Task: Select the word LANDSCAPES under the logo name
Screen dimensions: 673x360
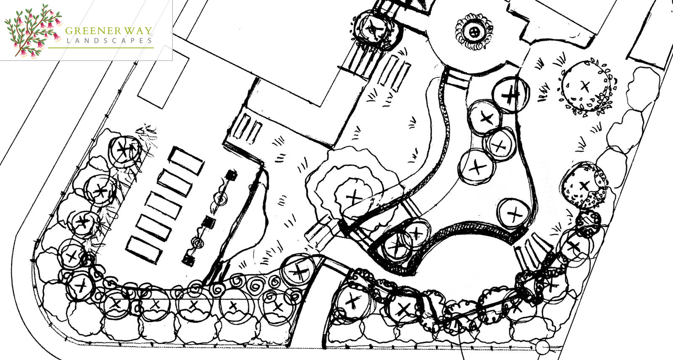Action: pyautogui.click(x=109, y=40)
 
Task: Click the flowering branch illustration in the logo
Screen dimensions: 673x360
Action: pyautogui.click(x=33, y=31)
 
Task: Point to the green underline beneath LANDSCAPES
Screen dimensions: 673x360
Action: pyautogui.click(x=101, y=48)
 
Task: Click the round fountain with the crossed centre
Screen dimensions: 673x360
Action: pyautogui.click(x=474, y=31)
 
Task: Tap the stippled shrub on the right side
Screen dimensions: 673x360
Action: pyautogui.click(x=584, y=185)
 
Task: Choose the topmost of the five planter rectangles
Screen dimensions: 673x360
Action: pyautogui.click(x=186, y=161)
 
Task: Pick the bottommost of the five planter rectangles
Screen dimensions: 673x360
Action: pyautogui.click(x=144, y=250)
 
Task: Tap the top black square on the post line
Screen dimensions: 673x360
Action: pyautogui.click(x=232, y=175)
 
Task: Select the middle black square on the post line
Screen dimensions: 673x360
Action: pyautogui.click(x=209, y=222)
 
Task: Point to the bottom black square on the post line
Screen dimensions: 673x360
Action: pyautogui.click(x=188, y=260)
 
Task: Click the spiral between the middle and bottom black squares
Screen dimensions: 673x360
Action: pyautogui.click(x=197, y=242)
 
